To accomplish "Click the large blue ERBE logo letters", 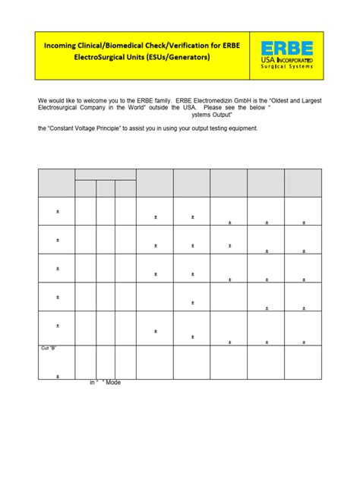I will (286, 47).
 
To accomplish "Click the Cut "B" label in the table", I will (48, 348).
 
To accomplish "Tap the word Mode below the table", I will (113, 382).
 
